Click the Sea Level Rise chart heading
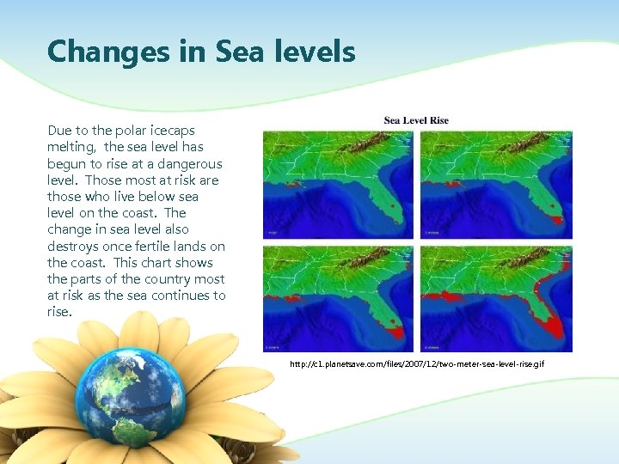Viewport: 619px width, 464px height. point(416,120)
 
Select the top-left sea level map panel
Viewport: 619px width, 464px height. point(338,184)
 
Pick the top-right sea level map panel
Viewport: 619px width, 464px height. point(496,184)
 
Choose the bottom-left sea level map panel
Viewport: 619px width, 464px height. point(338,298)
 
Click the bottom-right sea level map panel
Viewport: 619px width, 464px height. point(496,298)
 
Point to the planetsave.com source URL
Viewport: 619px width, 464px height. point(417,365)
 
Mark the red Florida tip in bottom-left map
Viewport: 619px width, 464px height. point(395,330)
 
